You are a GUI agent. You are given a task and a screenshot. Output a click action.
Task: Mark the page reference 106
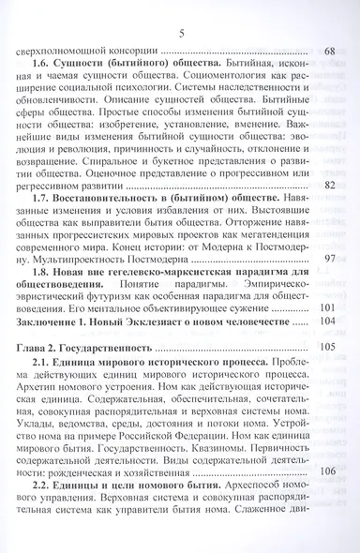[x=327, y=498]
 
